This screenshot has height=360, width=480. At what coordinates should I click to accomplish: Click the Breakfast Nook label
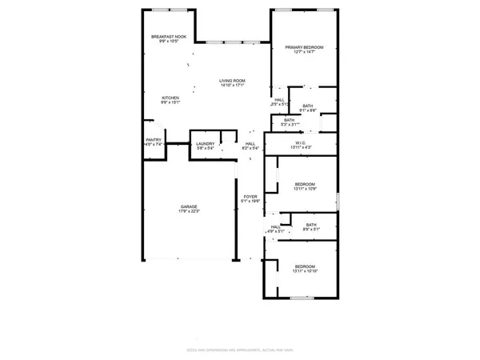pos(169,37)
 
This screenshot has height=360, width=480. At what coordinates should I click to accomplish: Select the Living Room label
pos(233,81)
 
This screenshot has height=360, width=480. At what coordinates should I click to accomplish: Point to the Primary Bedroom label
pos(305,48)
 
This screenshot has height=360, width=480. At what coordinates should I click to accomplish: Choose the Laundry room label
pos(206,143)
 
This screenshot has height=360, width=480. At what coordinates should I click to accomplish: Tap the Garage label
pos(188,206)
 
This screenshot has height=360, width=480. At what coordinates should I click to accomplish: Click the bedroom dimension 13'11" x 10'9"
pos(305,190)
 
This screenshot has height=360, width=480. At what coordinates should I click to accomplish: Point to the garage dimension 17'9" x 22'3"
pos(188,212)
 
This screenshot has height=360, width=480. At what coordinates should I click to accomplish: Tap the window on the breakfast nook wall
pos(169,10)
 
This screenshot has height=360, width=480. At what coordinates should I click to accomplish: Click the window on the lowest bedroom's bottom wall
pos(302,298)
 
